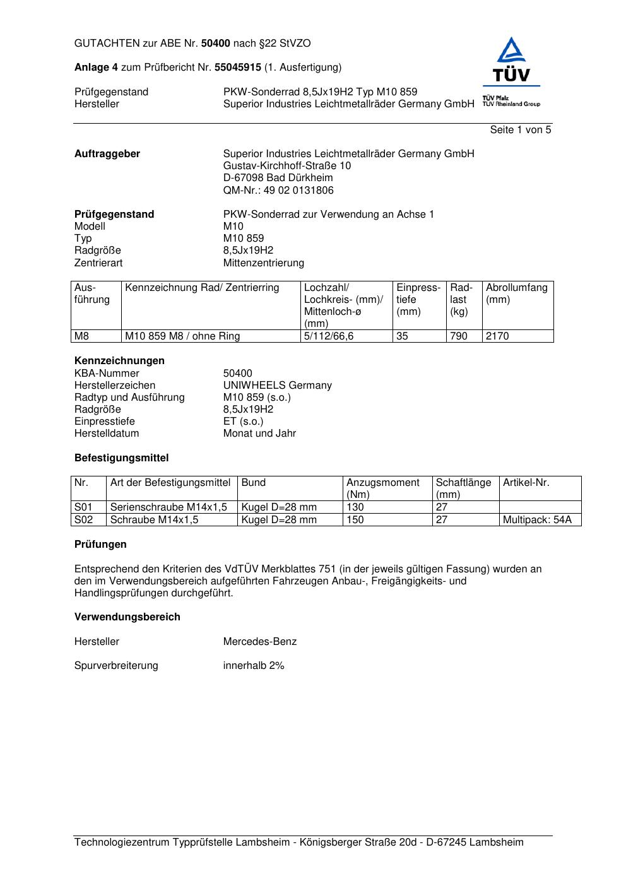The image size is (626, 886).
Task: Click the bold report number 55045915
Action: (x=238, y=68)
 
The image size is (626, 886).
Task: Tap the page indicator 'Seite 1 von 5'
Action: (x=520, y=130)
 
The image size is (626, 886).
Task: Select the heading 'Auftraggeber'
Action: (x=107, y=154)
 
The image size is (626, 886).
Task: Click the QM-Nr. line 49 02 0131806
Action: (x=278, y=191)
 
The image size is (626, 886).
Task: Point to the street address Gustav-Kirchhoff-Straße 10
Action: (x=287, y=166)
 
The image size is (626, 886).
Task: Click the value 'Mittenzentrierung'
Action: (x=263, y=263)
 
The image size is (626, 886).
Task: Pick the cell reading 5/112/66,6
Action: (x=329, y=336)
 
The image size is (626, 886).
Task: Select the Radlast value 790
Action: (x=459, y=336)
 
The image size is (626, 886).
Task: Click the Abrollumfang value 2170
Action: (x=497, y=336)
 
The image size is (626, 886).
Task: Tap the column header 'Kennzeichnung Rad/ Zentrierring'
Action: (x=202, y=288)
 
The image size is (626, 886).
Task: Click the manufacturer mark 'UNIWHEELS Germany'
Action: (x=277, y=386)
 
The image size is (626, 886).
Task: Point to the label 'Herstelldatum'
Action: (x=107, y=434)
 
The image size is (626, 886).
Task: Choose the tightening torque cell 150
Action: (x=355, y=520)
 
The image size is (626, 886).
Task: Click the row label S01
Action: (x=83, y=507)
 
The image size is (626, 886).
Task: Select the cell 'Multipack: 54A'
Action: (x=537, y=520)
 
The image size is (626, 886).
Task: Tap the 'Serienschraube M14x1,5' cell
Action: (x=168, y=507)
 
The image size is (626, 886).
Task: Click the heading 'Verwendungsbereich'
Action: (x=127, y=617)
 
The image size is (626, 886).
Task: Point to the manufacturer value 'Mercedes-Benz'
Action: (x=259, y=642)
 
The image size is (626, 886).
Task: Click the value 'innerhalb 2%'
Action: (x=254, y=666)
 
